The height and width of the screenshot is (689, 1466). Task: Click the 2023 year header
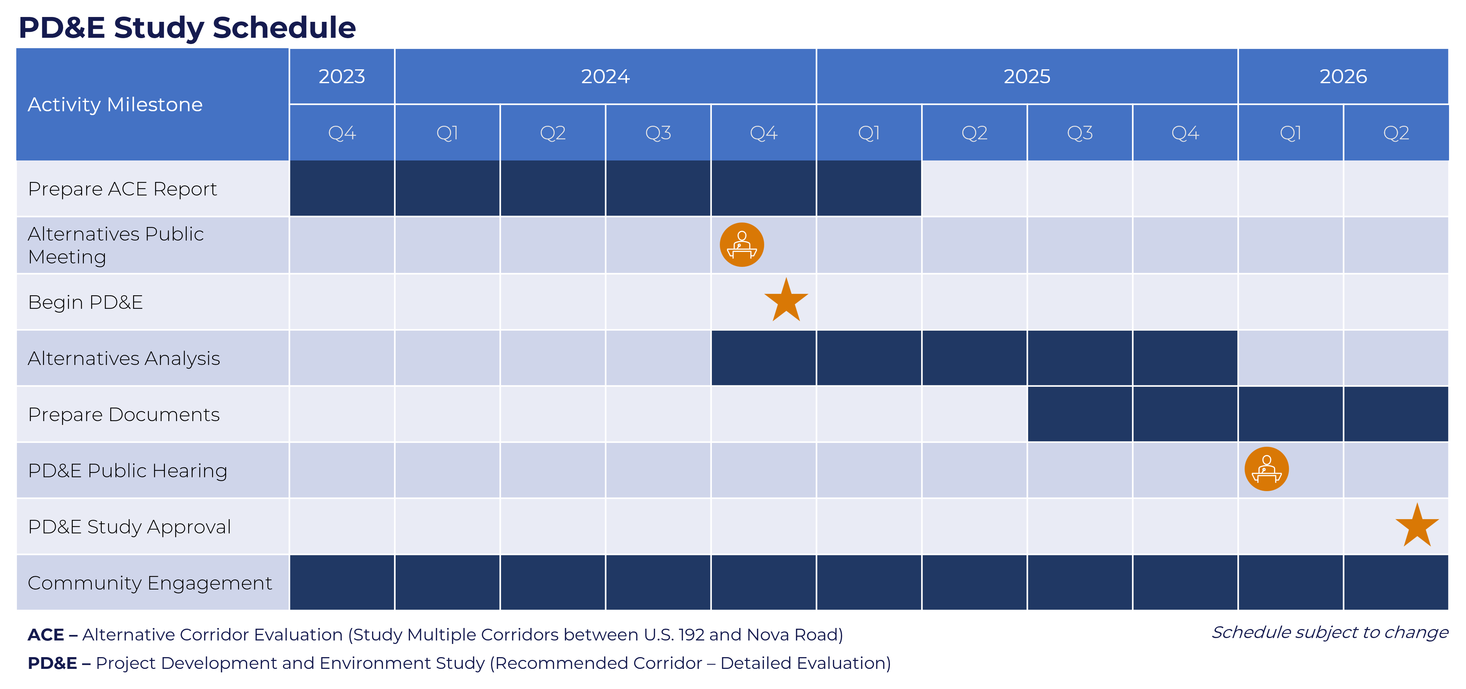tap(342, 76)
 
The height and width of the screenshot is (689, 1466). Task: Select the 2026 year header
tap(1343, 76)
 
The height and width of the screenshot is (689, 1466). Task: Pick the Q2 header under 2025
tap(974, 133)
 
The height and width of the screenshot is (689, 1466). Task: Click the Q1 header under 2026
tap(1291, 133)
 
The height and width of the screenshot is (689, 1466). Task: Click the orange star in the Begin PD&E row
tap(786, 300)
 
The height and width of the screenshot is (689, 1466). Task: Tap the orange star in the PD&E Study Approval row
tap(1417, 525)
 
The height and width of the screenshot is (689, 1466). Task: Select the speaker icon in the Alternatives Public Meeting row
tap(742, 245)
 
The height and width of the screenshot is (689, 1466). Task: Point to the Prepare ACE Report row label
tap(122, 189)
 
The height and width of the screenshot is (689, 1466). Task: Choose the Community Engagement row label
tap(150, 583)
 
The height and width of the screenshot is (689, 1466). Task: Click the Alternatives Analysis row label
tap(123, 358)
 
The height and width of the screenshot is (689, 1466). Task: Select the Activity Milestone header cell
tap(152, 104)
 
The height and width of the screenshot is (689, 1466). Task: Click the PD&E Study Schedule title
tap(187, 27)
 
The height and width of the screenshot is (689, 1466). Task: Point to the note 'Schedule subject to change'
tap(1330, 632)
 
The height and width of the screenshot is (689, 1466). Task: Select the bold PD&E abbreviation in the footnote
tap(52, 663)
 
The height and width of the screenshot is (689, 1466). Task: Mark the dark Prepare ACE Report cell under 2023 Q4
tap(342, 189)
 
